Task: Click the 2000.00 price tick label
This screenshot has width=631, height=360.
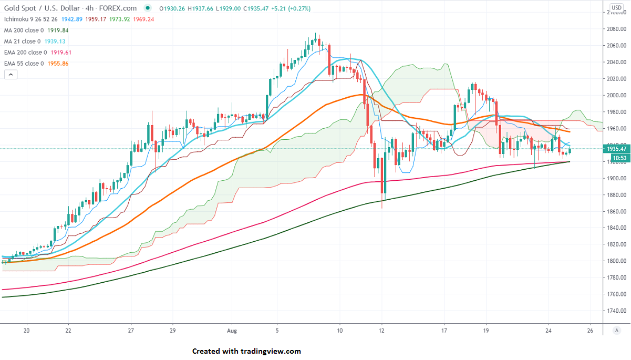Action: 615,95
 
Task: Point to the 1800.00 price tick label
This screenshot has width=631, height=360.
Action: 615,261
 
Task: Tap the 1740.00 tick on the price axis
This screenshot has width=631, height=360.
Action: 615,311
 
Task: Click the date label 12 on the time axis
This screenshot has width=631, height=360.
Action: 381,330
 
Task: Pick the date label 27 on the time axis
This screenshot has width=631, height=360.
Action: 131,330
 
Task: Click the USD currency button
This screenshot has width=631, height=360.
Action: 616,8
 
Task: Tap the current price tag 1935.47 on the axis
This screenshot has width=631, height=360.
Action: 615,149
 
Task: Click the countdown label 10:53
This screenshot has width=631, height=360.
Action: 615,157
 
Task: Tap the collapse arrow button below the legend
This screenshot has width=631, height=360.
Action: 11,75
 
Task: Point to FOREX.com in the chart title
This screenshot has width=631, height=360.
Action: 117,8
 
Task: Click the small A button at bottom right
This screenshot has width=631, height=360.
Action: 616,330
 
